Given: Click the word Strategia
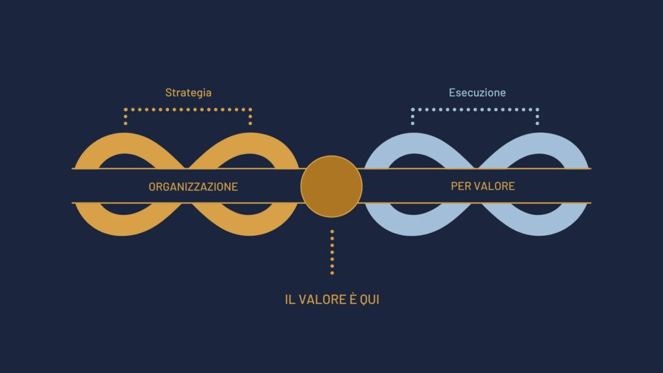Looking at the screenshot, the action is pyautogui.click(x=188, y=93).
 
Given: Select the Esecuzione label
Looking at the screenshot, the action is pyautogui.click(x=477, y=93).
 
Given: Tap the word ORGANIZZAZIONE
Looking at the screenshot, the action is pyautogui.click(x=193, y=186).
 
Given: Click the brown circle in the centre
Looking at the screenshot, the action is pyautogui.click(x=331, y=186).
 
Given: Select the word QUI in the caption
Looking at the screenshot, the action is pyautogui.click(x=370, y=299).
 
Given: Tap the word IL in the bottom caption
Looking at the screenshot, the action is pyautogui.click(x=289, y=299).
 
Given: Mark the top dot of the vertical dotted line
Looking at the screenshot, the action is pyautogui.click(x=332, y=232).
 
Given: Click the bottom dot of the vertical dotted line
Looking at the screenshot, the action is pyautogui.click(x=332, y=273).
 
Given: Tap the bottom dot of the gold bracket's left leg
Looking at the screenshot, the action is pyautogui.click(x=126, y=123).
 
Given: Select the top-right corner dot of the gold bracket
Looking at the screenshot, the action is pyautogui.click(x=251, y=109).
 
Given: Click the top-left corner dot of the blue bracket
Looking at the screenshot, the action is pyautogui.click(x=412, y=109).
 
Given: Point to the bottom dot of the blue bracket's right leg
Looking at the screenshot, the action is pyautogui.click(x=537, y=123).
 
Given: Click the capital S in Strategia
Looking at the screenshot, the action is pyautogui.click(x=168, y=93).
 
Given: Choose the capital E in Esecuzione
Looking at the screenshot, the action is pyautogui.click(x=452, y=93).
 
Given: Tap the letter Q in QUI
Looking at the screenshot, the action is pyautogui.click(x=364, y=300).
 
